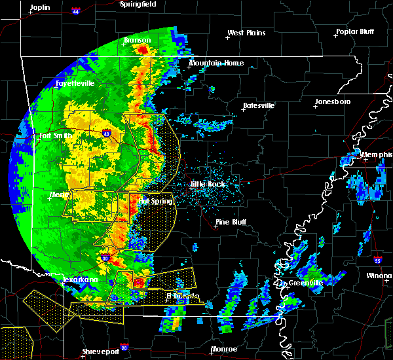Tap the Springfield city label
coord(138,4)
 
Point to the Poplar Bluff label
coord(357,31)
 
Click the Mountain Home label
coord(216,63)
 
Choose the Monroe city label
coord(224,349)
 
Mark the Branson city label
coord(137,40)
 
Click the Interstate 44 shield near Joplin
coord(76,11)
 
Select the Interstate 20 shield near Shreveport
coord(124,348)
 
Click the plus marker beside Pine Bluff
coord(217,227)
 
